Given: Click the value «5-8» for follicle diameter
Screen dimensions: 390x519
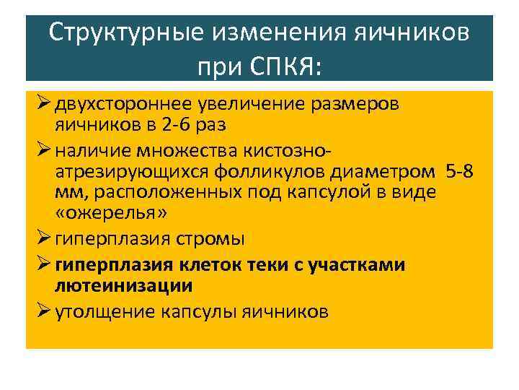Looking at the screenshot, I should point(461,171).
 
